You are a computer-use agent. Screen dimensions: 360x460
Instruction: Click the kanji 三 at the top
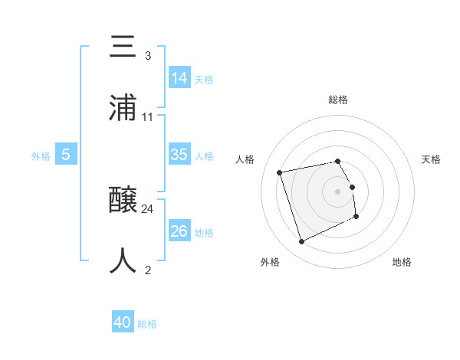[124, 47]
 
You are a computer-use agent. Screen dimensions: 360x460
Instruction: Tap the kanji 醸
[124, 201]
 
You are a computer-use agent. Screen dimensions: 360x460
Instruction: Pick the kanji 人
[124, 261]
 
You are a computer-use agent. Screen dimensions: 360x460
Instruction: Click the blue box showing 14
[179, 77]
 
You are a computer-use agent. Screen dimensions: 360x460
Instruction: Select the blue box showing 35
[179, 155]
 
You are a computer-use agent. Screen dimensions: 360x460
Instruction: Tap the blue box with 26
[179, 231]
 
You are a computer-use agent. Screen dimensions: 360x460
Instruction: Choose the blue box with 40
[123, 322]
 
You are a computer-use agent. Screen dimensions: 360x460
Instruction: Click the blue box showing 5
[66, 155]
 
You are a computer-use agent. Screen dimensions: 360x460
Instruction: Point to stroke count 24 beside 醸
[148, 208]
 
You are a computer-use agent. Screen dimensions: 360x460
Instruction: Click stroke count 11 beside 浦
[148, 116]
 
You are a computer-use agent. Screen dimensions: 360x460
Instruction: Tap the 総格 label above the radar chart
[338, 100]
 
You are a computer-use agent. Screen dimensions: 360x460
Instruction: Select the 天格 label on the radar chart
[432, 159]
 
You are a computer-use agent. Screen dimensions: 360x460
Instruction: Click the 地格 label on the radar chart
[402, 262]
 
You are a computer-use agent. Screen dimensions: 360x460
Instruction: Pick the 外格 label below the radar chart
[270, 262]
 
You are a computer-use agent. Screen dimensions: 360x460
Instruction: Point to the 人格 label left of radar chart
[245, 159]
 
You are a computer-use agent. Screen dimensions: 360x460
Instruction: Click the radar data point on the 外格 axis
[301, 242]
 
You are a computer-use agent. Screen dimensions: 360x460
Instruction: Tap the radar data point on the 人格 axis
[280, 172]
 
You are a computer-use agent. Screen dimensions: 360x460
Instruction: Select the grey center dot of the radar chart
[338, 191]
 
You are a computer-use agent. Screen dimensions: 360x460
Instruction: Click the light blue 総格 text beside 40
[147, 324]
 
